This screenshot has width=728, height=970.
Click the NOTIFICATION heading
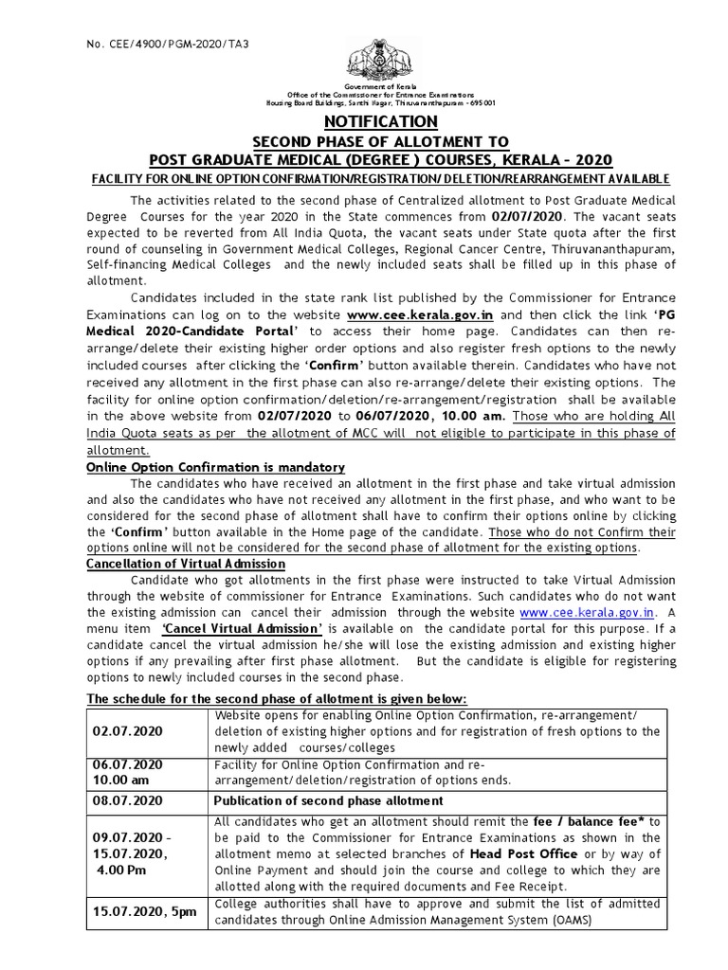coord(381,122)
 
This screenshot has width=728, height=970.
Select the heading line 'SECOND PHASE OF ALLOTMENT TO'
coord(381,140)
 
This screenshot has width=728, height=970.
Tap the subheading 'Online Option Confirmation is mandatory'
coord(215,468)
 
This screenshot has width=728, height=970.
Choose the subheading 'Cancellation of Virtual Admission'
coord(186,564)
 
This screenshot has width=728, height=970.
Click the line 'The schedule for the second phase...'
coord(277,698)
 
